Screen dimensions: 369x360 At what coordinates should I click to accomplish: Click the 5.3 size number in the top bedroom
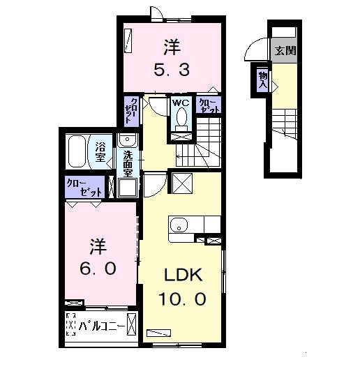tap(172, 69)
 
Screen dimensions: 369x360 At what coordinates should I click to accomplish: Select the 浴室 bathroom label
tap(101, 151)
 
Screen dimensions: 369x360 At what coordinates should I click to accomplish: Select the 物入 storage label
tap(262, 77)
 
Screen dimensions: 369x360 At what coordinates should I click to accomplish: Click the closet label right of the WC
tap(208, 105)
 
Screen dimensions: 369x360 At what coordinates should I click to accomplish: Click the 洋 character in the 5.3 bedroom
tap(172, 47)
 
